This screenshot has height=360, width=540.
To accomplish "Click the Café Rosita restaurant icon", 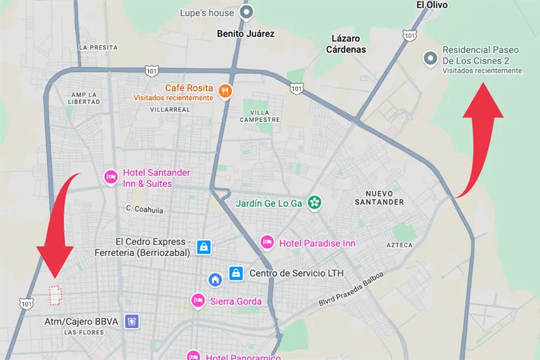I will coord(225,91).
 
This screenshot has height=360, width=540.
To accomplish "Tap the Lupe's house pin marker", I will coord(246,12).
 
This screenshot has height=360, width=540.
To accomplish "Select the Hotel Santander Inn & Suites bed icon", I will coord(111,177).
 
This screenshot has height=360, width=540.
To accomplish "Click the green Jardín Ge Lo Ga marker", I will coord(315,203).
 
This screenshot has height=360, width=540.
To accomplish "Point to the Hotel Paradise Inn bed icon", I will coord(266,243).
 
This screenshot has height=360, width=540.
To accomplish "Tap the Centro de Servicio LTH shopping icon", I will coord(236,272).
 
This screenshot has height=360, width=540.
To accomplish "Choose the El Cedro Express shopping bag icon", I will coord(204,247).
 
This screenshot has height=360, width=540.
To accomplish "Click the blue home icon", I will coord(215,280).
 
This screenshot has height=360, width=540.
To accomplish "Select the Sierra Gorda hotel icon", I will coord(198,301).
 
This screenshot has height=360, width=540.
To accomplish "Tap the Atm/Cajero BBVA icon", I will coord(133,321).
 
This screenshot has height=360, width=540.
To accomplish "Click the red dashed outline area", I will coord(56,296).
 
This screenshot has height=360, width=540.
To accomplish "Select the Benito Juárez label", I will coord(246,33).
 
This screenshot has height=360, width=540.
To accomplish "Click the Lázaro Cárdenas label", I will coord(348,44).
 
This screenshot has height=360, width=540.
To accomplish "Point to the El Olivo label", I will coord(431,5).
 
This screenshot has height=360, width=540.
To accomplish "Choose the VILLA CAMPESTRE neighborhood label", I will coord(260,115).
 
